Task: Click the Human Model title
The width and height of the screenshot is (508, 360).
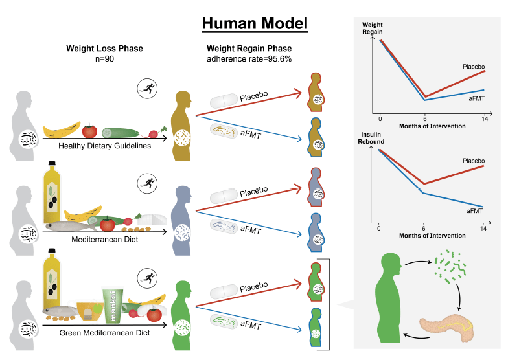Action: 255,24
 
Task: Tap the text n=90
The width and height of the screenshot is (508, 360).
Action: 104,59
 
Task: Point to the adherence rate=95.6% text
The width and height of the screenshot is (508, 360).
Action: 249,59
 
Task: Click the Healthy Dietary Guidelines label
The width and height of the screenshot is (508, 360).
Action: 104,146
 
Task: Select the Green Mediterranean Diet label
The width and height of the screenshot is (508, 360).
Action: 104,333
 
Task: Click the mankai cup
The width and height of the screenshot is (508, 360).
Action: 113,306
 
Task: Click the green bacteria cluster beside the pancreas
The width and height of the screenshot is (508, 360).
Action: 450,266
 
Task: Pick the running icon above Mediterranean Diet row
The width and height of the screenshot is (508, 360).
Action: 147,184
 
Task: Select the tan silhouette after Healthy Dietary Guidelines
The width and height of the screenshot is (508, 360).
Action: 181,126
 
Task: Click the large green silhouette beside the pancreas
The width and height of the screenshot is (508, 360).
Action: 389,298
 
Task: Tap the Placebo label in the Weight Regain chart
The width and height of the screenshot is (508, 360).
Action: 473,67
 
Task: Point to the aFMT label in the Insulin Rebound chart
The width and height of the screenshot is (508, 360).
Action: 474,211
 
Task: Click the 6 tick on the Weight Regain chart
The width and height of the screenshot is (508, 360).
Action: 425,119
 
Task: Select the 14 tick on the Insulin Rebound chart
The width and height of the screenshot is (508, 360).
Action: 483,229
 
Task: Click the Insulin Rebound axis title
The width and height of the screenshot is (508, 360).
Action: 371,138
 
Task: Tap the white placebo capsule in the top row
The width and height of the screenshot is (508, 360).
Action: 224,101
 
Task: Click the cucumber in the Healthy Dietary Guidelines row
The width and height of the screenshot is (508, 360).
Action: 121,133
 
